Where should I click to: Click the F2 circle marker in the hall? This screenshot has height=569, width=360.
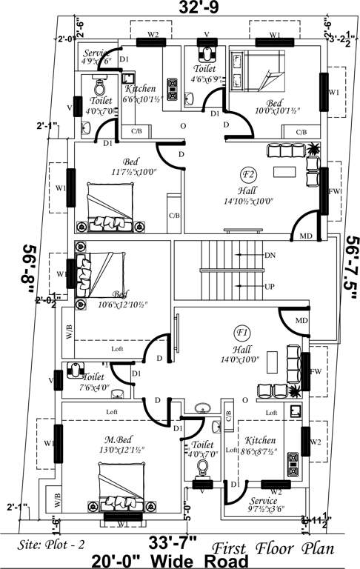pos(247,174)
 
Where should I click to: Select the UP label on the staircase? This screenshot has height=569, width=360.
pos(270,286)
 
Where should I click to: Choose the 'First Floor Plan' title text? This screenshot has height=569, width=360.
pos(273,549)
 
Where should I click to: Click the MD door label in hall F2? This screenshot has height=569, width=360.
pos(305,236)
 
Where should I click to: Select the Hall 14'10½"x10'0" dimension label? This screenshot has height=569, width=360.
pos(246,195)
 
